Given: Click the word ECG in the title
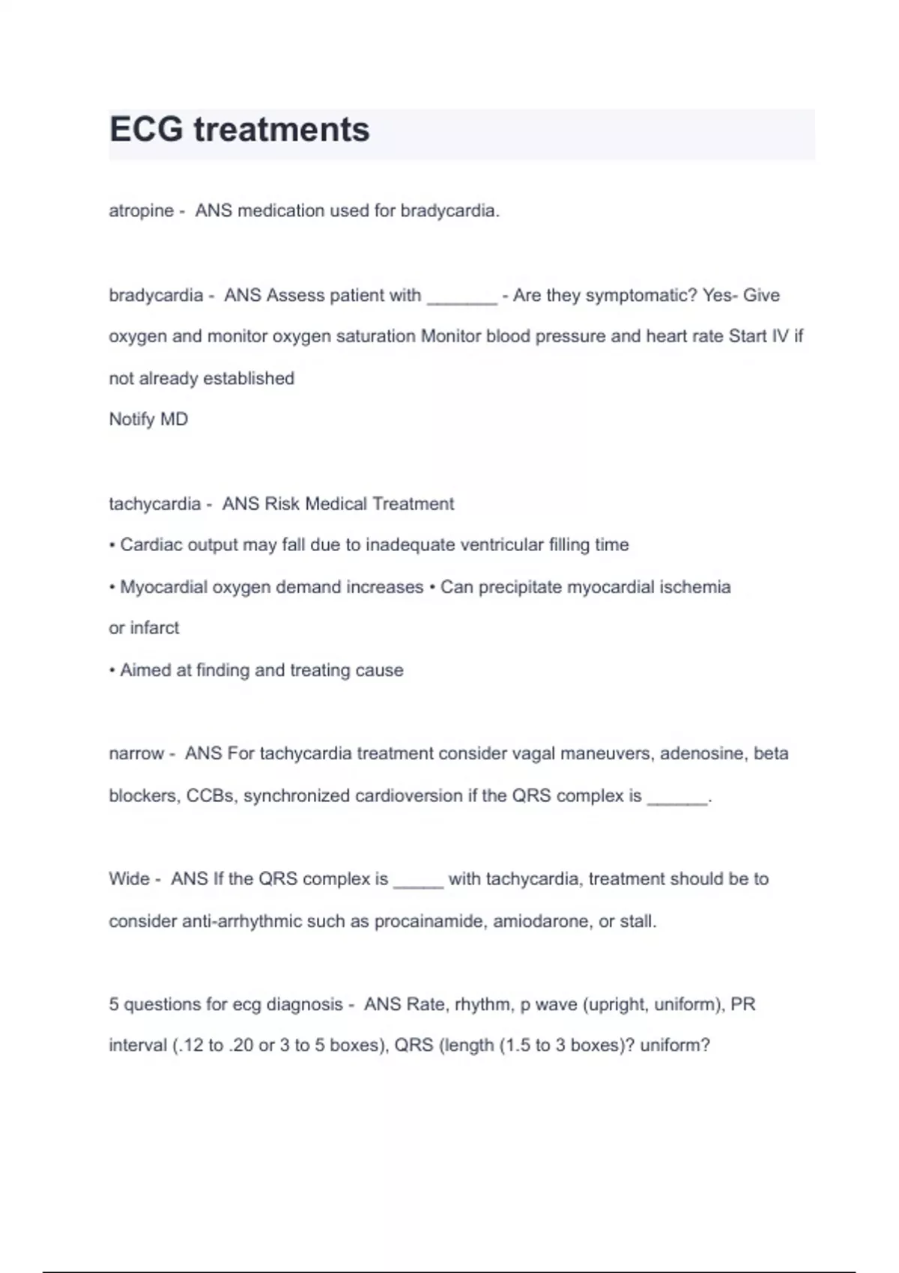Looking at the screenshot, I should (146, 130).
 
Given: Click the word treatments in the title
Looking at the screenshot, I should (282, 130).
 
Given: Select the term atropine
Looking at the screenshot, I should (141, 211).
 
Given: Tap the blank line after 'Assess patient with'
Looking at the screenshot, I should (461, 297).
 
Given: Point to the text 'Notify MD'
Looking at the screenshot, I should (148, 419).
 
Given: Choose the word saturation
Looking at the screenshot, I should (375, 337).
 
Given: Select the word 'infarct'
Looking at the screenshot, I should (154, 628).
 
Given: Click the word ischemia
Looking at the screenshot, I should (694, 587).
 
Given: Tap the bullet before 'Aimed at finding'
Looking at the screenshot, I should (112, 671).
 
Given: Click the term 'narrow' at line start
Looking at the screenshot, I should (136, 753).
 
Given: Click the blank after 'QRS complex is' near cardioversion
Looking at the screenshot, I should (677, 798).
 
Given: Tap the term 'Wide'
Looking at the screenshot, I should (129, 879).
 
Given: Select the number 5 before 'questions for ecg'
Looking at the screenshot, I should (114, 1005).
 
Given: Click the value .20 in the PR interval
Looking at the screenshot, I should (241, 1045).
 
